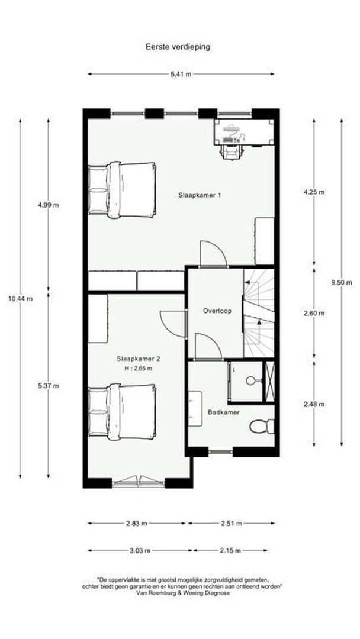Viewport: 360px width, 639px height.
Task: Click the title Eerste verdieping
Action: (178, 47)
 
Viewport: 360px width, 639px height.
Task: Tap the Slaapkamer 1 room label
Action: (200, 195)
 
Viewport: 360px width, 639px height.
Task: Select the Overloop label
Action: (217, 311)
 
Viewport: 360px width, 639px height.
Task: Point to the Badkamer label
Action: (224, 412)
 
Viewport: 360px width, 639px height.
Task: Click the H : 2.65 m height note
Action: (138, 369)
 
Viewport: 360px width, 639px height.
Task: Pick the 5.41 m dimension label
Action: (181, 74)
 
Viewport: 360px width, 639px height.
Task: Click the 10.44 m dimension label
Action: (20, 299)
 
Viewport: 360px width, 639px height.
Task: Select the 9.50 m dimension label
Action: (341, 282)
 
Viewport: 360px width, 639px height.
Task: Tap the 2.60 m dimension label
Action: (314, 314)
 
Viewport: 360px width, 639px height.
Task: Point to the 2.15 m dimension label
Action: (230, 551)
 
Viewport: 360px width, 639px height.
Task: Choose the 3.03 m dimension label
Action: (140, 551)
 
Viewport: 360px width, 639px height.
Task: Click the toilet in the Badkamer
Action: (262, 426)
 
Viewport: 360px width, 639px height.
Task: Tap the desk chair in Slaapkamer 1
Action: (231, 151)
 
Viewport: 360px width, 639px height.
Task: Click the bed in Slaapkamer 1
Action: (122, 189)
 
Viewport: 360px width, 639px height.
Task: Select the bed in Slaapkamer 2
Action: (122, 412)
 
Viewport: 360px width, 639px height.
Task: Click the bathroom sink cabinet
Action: (195, 409)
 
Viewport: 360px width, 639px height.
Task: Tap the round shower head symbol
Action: (250, 380)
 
